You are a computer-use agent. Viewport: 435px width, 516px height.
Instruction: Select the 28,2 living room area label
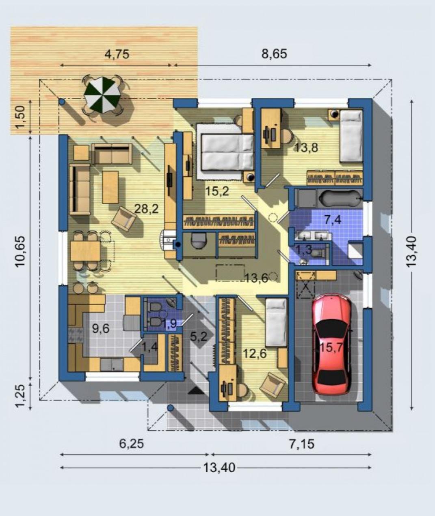146,209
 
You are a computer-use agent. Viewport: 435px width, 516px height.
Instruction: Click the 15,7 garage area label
331,347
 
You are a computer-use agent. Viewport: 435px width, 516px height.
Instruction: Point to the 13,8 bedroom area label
306,148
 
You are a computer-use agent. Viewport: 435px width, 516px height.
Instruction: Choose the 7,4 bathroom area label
333,220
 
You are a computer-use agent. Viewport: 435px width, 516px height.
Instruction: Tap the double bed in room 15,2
225,151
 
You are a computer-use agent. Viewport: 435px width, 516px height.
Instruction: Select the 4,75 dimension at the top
117,54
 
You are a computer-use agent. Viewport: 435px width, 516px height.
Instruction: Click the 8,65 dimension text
274,54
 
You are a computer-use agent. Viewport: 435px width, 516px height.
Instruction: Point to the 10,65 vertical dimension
20,251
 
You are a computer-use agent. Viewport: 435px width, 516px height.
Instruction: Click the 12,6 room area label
255,354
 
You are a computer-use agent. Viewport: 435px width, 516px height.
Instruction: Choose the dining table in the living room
85,251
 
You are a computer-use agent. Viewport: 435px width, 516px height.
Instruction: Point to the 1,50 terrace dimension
20,117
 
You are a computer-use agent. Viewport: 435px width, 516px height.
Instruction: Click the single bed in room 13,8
351,136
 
